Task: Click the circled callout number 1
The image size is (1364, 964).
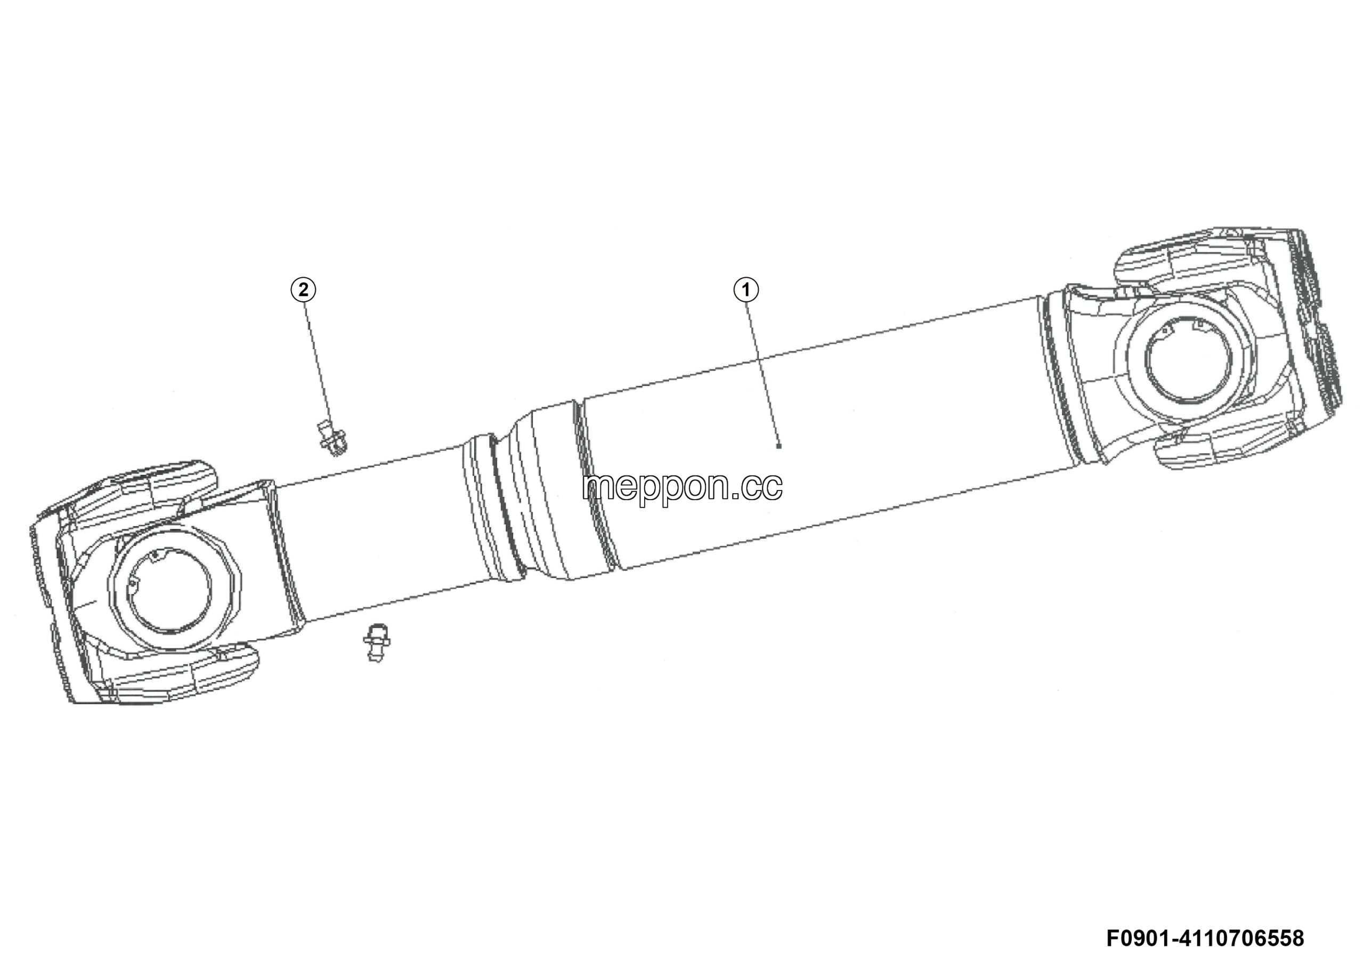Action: tap(746, 290)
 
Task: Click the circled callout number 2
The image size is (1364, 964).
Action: tap(303, 290)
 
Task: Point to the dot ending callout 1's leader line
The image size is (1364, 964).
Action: tap(779, 446)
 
